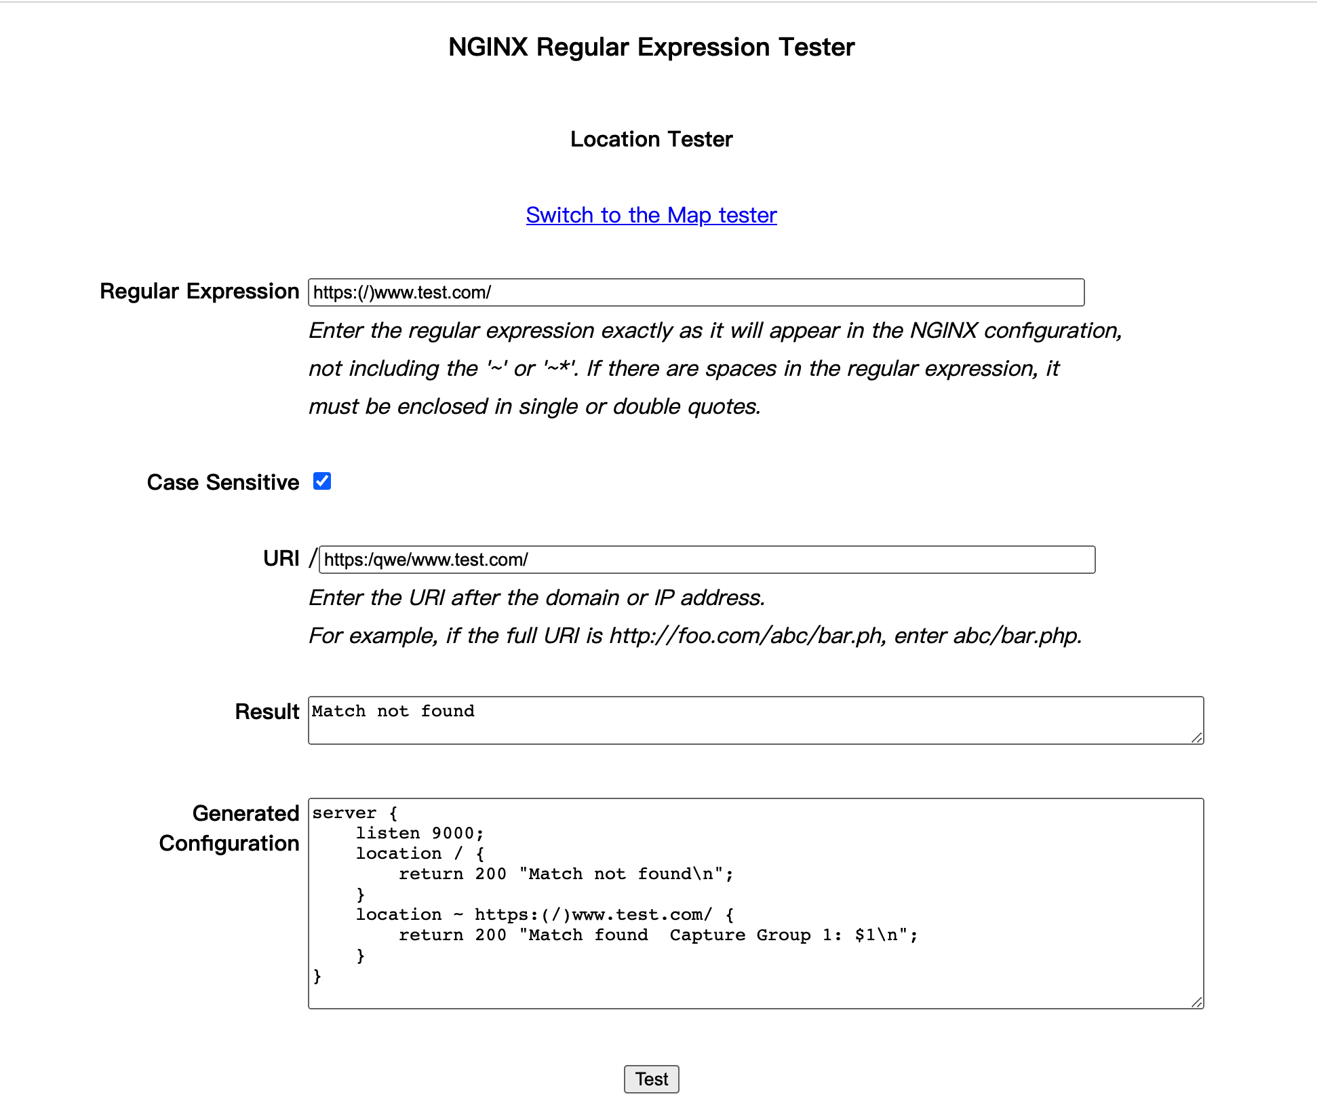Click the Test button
(x=651, y=1079)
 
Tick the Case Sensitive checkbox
(x=322, y=481)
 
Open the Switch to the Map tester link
(x=651, y=215)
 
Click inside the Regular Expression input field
(x=696, y=292)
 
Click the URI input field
(x=707, y=560)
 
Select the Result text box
(x=755, y=720)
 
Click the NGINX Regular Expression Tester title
(x=651, y=47)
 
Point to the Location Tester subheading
(x=651, y=139)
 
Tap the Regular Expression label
(x=199, y=291)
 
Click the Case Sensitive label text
(x=223, y=482)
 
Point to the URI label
(x=281, y=558)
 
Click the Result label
(x=267, y=712)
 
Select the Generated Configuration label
(x=229, y=828)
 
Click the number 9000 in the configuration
(x=452, y=833)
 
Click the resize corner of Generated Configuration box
(x=1197, y=1002)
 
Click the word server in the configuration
(x=344, y=813)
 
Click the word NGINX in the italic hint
(x=943, y=330)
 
